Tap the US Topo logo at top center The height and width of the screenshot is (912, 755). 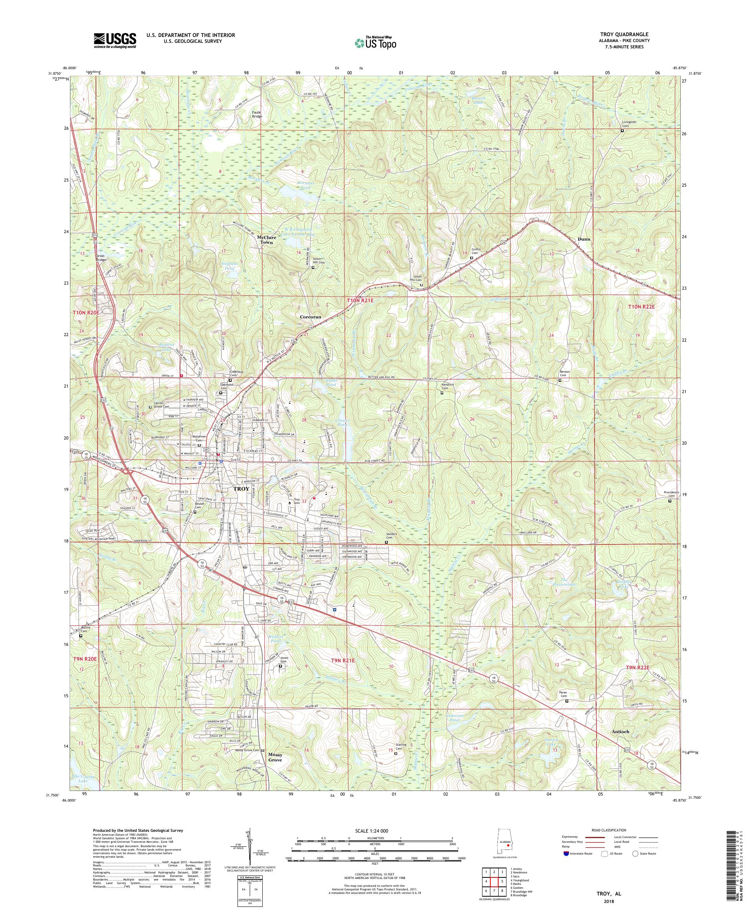pos(375,42)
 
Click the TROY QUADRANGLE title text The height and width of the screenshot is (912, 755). pos(629,34)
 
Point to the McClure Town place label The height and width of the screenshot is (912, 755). pos(265,240)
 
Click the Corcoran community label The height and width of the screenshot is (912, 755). pos(311,317)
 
